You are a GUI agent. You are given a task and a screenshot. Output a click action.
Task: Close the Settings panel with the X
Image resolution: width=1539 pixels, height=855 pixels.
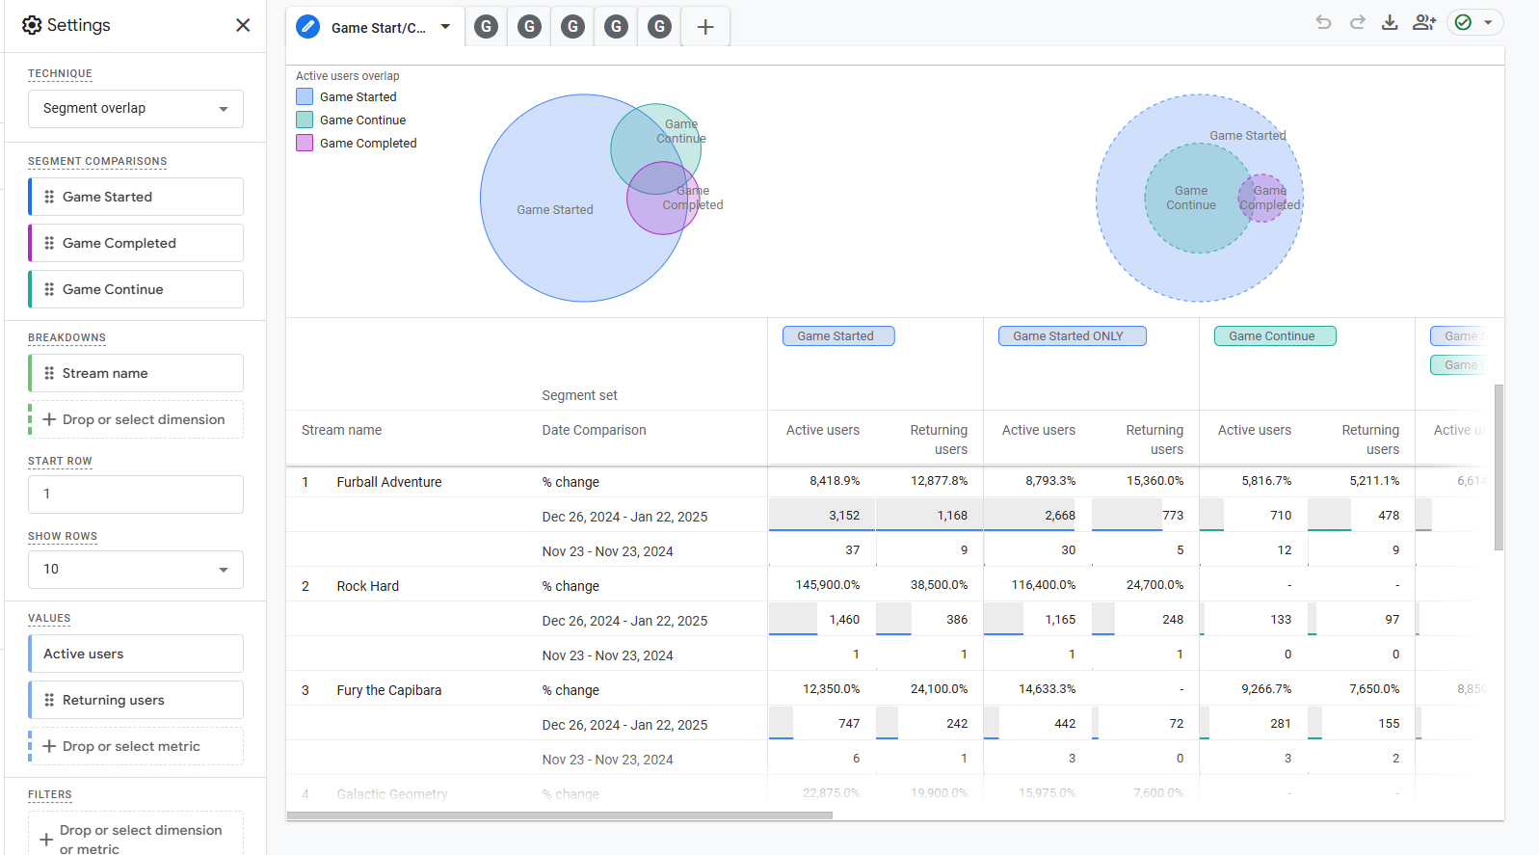point(243,25)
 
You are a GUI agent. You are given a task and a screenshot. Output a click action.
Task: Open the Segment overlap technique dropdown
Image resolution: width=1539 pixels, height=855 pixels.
point(135,109)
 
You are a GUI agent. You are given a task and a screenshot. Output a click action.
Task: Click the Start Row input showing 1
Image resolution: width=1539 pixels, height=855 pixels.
point(135,494)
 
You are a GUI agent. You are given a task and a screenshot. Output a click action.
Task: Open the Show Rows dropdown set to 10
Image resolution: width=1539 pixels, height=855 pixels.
point(135,570)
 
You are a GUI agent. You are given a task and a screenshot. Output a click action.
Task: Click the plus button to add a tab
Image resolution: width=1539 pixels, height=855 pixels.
point(705,27)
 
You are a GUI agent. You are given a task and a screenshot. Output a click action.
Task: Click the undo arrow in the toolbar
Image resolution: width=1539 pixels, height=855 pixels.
point(1323,22)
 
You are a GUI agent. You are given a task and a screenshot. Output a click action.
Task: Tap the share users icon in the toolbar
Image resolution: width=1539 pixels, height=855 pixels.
point(1424,22)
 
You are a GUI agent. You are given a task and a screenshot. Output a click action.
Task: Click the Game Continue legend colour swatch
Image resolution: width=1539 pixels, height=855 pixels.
point(305,120)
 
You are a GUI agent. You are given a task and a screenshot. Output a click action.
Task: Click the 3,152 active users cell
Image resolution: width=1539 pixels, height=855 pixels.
point(843,516)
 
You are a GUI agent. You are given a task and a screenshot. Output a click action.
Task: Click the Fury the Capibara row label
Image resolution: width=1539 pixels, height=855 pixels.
point(388,690)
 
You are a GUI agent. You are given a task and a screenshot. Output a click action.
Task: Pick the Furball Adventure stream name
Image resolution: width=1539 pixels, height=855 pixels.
point(388,482)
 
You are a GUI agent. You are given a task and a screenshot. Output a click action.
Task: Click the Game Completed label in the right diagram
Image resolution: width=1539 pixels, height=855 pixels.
point(1269,199)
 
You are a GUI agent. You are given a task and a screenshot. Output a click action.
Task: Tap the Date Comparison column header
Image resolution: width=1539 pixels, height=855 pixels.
point(594,430)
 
